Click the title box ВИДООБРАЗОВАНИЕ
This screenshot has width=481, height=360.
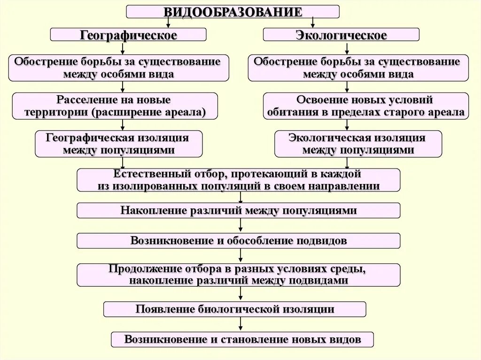click(233, 12)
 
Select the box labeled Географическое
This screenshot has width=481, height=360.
click(128, 35)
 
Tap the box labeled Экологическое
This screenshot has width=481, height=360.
click(341, 35)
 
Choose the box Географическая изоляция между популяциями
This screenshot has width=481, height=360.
click(118, 144)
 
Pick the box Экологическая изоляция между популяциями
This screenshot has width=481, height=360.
click(358, 144)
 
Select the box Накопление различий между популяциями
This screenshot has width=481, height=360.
click(239, 210)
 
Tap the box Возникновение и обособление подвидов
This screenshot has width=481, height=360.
click(239, 241)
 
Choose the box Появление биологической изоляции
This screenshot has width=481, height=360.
click(235, 309)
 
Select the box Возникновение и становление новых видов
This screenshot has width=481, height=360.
click(242, 339)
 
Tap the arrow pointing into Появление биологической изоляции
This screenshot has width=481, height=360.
click(240, 294)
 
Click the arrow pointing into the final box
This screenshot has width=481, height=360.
click(240, 324)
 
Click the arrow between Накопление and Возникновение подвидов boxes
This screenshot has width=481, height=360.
click(240, 226)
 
